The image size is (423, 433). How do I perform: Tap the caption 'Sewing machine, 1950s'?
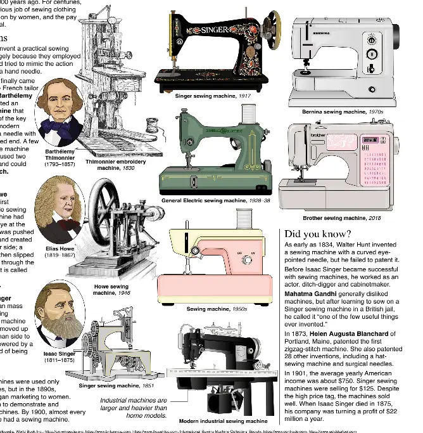[217, 309]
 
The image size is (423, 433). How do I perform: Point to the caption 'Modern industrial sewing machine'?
[223, 421]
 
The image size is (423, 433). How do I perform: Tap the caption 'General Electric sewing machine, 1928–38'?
[215, 200]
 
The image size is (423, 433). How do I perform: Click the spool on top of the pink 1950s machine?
[242, 219]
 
